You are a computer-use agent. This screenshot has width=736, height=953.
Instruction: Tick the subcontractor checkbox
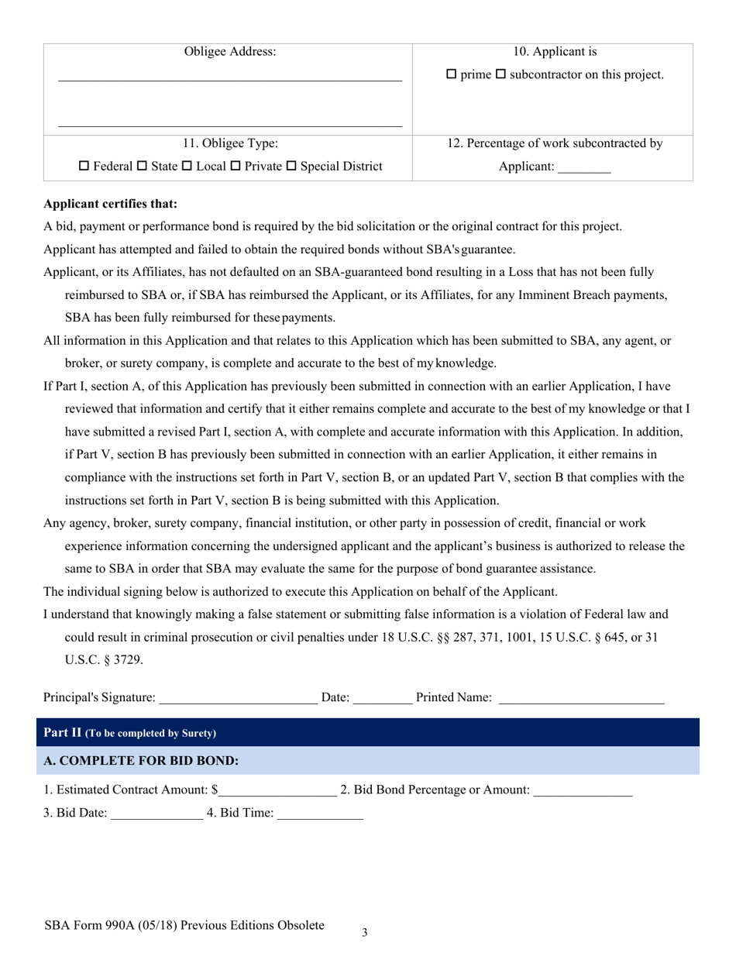[x=500, y=75]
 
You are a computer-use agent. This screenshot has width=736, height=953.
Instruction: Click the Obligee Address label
[x=230, y=52]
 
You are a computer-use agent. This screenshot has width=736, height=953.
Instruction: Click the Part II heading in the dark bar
[x=130, y=733]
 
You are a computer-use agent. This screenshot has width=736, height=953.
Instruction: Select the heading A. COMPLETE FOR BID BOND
[x=141, y=761]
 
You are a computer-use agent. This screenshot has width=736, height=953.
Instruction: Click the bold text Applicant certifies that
[x=111, y=205]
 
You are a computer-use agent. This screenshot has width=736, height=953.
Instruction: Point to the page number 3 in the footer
[x=365, y=933]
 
